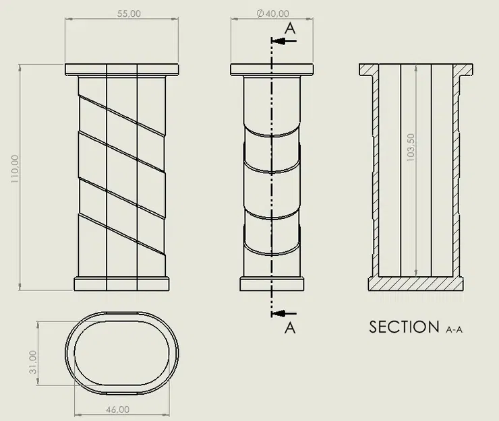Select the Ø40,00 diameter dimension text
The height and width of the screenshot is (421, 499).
click(273, 13)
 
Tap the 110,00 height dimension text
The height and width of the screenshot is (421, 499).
click(15, 168)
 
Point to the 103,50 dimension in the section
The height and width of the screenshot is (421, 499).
click(412, 162)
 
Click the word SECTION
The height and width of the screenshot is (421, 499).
click(404, 327)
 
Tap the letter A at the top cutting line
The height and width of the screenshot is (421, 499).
click(290, 28)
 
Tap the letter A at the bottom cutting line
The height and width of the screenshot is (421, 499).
click(290, 328)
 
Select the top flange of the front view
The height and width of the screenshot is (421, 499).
click(122, 69)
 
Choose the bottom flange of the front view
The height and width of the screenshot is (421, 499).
click(122, 284)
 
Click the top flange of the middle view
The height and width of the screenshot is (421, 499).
click(272, 69)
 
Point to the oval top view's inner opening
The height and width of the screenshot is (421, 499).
click(122, 355)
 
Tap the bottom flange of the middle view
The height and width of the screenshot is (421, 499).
click(272, 284)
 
